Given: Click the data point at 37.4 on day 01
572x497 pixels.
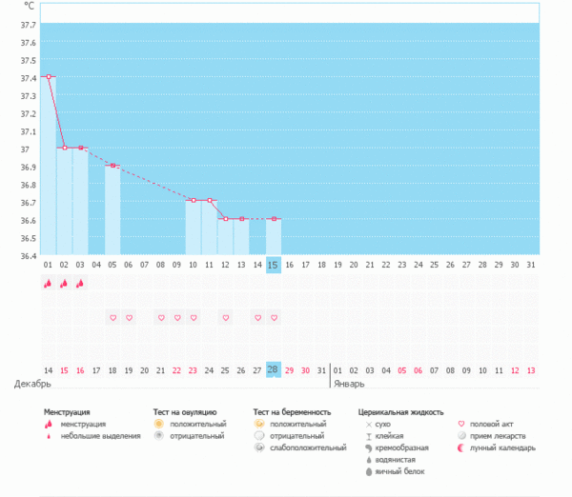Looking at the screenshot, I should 48,76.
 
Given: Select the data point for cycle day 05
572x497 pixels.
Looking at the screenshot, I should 112,166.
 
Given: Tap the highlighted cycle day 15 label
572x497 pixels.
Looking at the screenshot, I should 274,264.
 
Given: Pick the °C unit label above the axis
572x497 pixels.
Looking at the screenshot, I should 30,7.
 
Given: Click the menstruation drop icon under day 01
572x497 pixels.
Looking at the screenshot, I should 48,283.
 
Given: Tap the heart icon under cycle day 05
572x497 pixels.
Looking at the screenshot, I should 112,317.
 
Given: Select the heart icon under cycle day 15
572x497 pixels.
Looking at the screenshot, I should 274,317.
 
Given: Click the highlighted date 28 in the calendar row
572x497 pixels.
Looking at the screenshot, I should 274,369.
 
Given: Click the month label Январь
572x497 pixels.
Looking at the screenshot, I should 349,384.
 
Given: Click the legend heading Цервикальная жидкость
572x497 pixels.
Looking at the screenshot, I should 400,412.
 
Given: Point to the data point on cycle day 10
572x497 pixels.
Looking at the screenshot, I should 194,200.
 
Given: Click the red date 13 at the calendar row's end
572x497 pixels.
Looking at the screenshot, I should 531,369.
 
